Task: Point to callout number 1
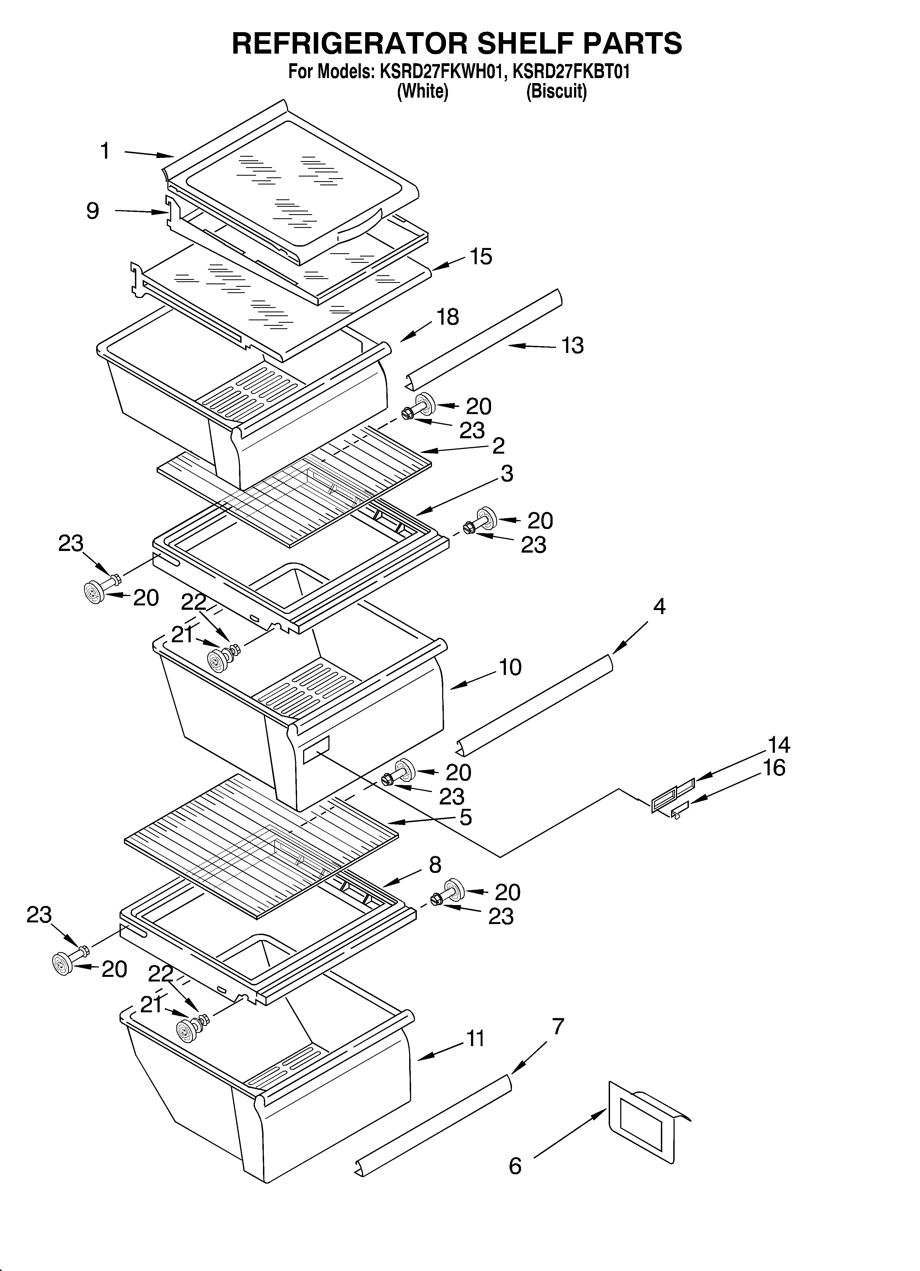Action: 105,151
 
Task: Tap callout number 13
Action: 573,346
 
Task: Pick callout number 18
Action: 448,317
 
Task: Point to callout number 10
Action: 510,667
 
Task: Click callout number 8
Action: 435,865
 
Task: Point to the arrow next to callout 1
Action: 148,154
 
